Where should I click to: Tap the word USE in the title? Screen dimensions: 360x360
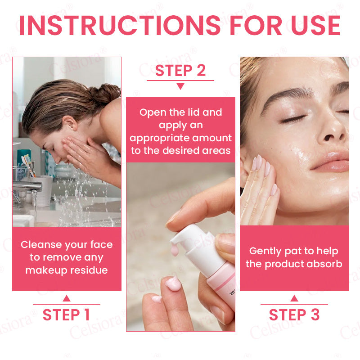[316, 26]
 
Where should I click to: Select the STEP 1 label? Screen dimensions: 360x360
[66, 315]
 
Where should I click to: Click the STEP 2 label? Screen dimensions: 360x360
[180, 70]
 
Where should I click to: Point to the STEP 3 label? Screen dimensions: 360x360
[294, 315]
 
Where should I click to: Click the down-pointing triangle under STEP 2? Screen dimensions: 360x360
[180, 86]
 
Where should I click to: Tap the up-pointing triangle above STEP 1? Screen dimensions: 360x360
[67, 298]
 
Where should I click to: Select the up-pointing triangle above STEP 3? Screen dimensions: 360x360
[294, 298]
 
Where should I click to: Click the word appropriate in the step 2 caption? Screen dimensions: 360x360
[159, 139]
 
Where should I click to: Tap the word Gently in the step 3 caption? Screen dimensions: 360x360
[265, 252]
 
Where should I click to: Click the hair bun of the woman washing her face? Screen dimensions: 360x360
[106, 93]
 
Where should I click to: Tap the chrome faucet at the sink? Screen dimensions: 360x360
[27, 186]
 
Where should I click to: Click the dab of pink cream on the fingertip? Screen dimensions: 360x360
[173, 284]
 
